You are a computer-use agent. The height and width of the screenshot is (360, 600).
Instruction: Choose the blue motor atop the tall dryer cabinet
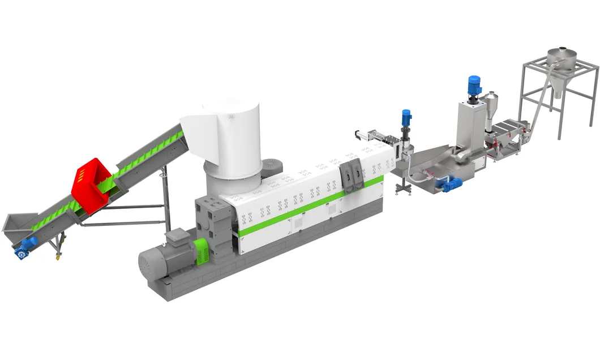pyautogui.click(x=474, y=85)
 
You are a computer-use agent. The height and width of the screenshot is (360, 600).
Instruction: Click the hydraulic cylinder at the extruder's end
pyautogui.click(x=368, y=135)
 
